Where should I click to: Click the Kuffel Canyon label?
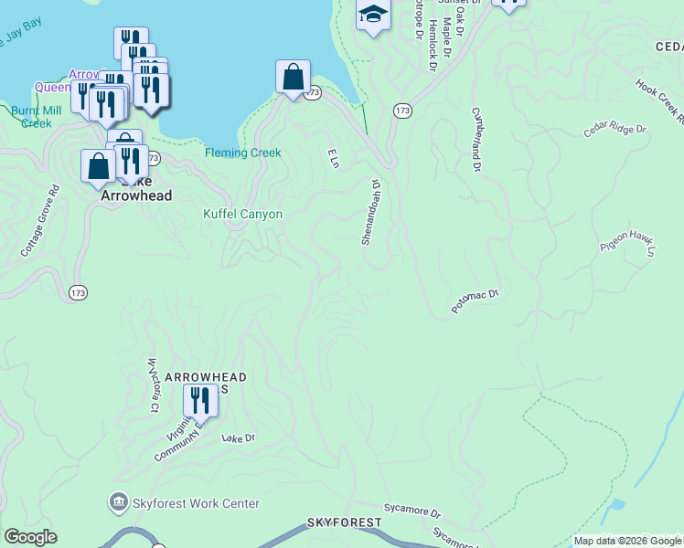242,214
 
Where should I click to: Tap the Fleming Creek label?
242,153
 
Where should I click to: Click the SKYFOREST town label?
344,522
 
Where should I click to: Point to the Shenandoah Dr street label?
369,212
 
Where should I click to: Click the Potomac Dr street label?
476,301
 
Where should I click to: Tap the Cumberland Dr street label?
476,139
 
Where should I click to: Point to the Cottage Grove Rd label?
40,220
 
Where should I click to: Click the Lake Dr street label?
238,438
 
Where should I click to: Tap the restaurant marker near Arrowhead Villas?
199,399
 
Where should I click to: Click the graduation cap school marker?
373,14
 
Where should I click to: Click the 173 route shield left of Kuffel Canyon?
78,292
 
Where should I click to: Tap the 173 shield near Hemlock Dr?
402,110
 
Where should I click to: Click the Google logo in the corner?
30,537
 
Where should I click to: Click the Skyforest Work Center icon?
118,503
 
